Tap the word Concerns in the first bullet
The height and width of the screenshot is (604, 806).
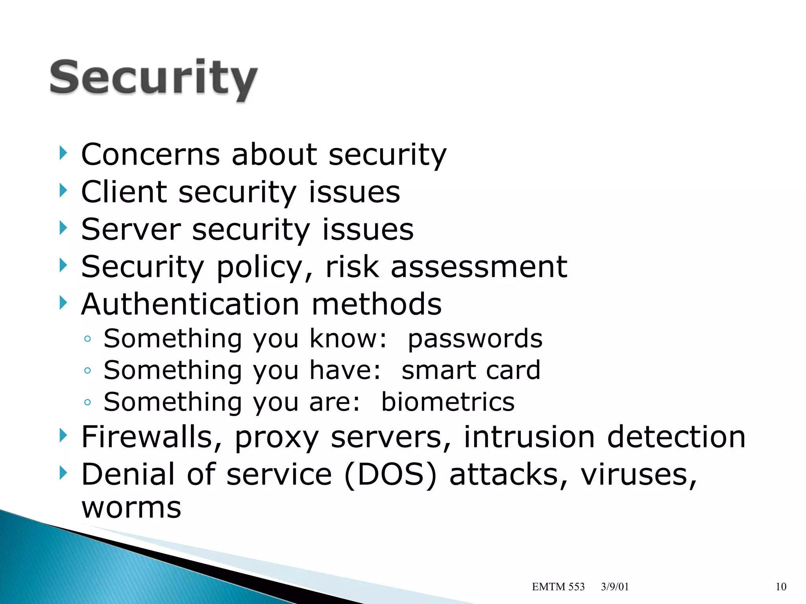(150, 155)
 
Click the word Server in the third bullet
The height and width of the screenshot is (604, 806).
(131, 230)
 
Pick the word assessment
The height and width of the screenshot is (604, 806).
(479, 267)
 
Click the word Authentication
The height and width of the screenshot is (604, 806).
(190, 304)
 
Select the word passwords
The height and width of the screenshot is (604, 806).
(475, 339)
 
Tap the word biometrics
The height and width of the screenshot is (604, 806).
(448, 402)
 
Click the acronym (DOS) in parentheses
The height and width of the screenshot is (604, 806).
(390, 475)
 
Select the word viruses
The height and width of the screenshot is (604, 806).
(638, 475)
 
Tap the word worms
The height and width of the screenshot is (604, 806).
(131, 508)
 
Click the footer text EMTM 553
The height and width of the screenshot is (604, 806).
(558, 587)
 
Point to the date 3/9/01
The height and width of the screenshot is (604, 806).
(615, 587)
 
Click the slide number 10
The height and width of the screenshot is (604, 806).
(781, 587)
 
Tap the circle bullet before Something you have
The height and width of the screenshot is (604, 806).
(87, 370)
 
